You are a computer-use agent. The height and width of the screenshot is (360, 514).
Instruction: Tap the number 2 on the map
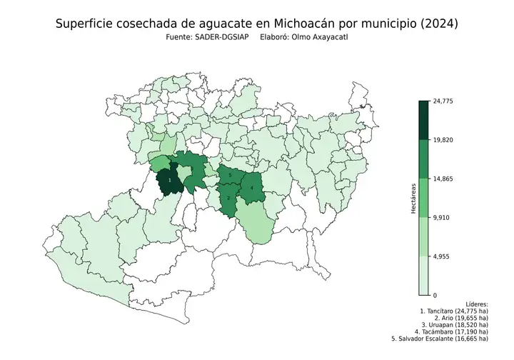[228, 198]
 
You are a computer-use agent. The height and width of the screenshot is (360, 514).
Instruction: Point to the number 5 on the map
[231, 175]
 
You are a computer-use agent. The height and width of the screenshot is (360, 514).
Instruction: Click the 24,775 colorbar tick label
[443, 101]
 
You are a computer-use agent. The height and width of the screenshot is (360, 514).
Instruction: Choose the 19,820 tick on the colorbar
[443, 140]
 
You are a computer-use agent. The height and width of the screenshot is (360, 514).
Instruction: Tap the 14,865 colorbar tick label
[443, 179]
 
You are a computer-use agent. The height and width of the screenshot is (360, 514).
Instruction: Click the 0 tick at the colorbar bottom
[435, 294]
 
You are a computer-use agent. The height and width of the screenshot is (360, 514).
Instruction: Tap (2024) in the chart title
[437, 24]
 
